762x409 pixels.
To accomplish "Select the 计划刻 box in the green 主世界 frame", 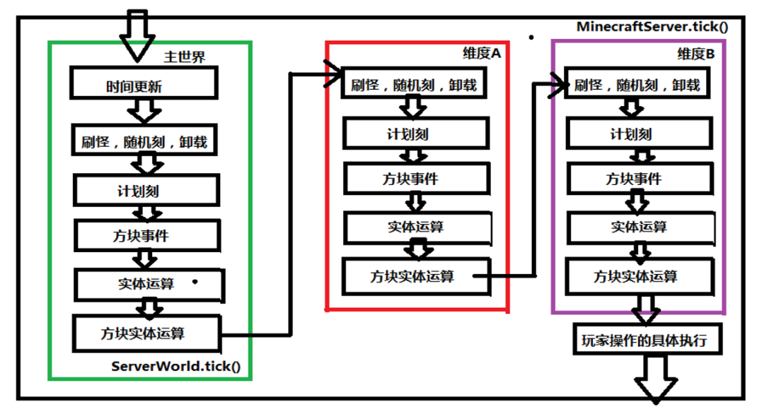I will click(146, 190).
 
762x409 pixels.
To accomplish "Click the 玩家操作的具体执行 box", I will click(650, 340).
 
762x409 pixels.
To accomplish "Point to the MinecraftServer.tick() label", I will click(652, 27).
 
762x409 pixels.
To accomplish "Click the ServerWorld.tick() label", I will click(175, 367).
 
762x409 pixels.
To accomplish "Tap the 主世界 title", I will click(185, 57).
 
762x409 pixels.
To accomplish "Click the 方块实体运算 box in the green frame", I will click(147, 332).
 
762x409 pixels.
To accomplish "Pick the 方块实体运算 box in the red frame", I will click(415, 275).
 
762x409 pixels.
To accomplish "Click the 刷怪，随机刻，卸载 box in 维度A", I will click(414, 85).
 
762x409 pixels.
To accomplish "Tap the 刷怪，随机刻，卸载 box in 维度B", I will click(637, 85).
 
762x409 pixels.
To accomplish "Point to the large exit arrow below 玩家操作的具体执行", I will click(656, 378).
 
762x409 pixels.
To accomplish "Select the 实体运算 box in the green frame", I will click(149, 284).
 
